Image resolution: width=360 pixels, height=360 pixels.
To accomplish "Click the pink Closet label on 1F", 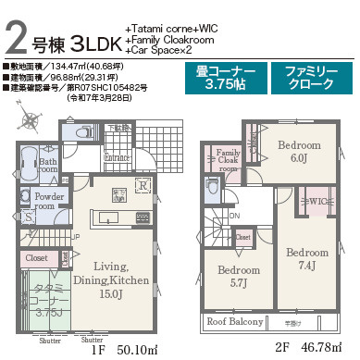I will tap(37, 258).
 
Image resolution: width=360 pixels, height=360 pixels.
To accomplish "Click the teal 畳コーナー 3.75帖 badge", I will tap(227, 78).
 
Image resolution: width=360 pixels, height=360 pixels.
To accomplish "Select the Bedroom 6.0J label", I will tap(298, 152).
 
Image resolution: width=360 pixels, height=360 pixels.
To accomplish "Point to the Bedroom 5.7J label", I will tap(238, 276).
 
